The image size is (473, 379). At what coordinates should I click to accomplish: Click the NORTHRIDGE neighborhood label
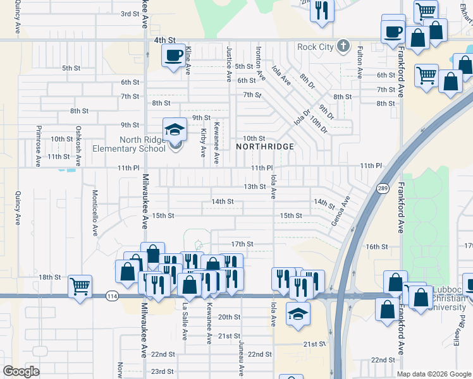[265, 147]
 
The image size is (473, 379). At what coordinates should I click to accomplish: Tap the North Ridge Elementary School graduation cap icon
[175, 130]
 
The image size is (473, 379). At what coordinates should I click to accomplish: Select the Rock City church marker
[343, 46]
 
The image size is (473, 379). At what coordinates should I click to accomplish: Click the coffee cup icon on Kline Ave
[174, 56]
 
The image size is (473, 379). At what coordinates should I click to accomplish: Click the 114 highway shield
[112, 296]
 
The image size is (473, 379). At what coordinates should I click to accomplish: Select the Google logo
[21, 371]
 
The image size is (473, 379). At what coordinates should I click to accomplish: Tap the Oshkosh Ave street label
[78, 146]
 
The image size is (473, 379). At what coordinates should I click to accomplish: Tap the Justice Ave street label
[229, 63]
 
